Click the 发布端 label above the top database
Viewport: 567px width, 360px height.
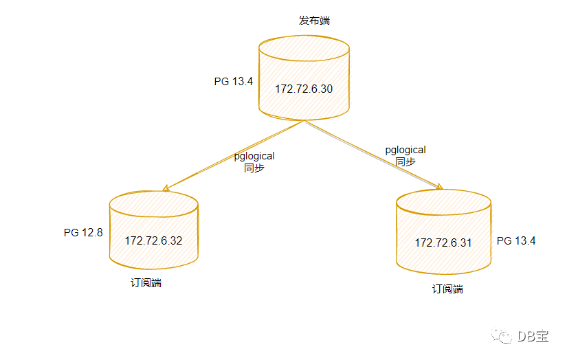click(x=314, y=21)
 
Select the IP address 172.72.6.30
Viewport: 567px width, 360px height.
click(x=304, y=89)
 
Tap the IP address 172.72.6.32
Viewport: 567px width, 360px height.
click(x=153, y=240)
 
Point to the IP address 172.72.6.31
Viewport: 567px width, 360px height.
click(x=443, y=243)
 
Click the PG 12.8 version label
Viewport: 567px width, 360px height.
click(x=83, y=233)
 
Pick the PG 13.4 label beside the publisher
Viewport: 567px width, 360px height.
click(x=234, y=81)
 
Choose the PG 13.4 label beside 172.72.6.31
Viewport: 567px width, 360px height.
click(x=516, y=240)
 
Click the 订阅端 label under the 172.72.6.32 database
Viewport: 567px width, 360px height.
click(x=146, y=283)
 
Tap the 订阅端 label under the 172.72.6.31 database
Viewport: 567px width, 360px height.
click(x=447, y=289)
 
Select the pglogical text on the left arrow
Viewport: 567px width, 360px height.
click(x=254, y=157)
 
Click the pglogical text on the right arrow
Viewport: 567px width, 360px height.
click(x=405, y=150)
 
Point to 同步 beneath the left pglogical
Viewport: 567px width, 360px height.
click(x=254, y=168)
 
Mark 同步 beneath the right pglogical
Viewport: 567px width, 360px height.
click(x=405, y=161)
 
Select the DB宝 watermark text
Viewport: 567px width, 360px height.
click(x=533, y=336)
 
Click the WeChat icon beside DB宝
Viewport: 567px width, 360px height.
click(x=505, y=336)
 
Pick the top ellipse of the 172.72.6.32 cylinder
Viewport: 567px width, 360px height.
click(x=153, y=204)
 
